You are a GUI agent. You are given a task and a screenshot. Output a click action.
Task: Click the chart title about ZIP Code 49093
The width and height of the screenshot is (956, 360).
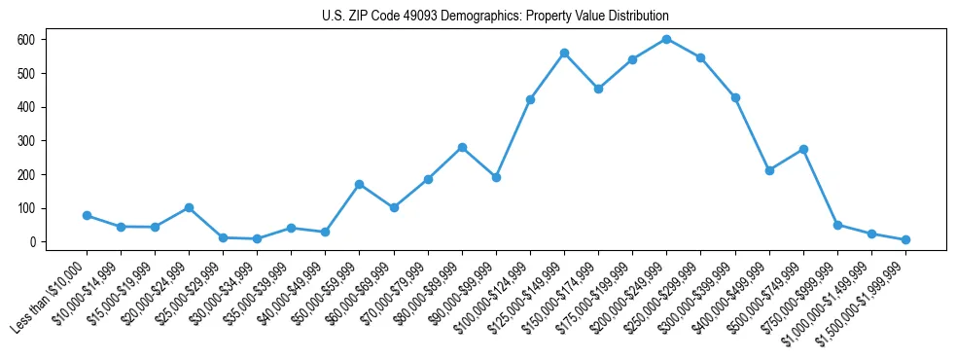[x=495, y=17]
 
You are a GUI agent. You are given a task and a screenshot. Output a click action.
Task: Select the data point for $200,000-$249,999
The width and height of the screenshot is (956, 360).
[x=666, y=39]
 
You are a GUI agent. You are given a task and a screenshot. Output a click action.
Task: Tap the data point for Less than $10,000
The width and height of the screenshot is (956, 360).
[x=87, y=215]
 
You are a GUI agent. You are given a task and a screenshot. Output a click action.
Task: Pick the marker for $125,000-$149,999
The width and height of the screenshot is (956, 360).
[x=564, y=53]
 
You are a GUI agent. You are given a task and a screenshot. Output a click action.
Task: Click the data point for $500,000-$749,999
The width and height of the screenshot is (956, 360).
[x=803, y=149]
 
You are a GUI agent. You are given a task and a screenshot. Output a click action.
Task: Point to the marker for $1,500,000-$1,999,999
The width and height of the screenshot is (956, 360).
[x=905, y=239]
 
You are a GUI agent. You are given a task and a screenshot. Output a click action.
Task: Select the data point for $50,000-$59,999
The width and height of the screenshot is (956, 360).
[x=360, y=184]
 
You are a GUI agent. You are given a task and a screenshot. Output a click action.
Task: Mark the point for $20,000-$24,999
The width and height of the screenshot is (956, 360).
[x=189, y=207]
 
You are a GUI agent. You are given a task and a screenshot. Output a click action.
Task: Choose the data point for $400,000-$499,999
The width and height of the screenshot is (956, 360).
[x=769, y=170]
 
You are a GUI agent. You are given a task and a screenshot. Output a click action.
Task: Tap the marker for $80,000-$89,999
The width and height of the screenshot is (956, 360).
[x=462, y=147]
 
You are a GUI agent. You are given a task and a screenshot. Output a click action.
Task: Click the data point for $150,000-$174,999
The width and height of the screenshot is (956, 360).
[x=598, y=89]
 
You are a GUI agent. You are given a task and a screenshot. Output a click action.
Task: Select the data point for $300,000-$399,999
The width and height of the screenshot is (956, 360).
[x=735, y=97]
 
